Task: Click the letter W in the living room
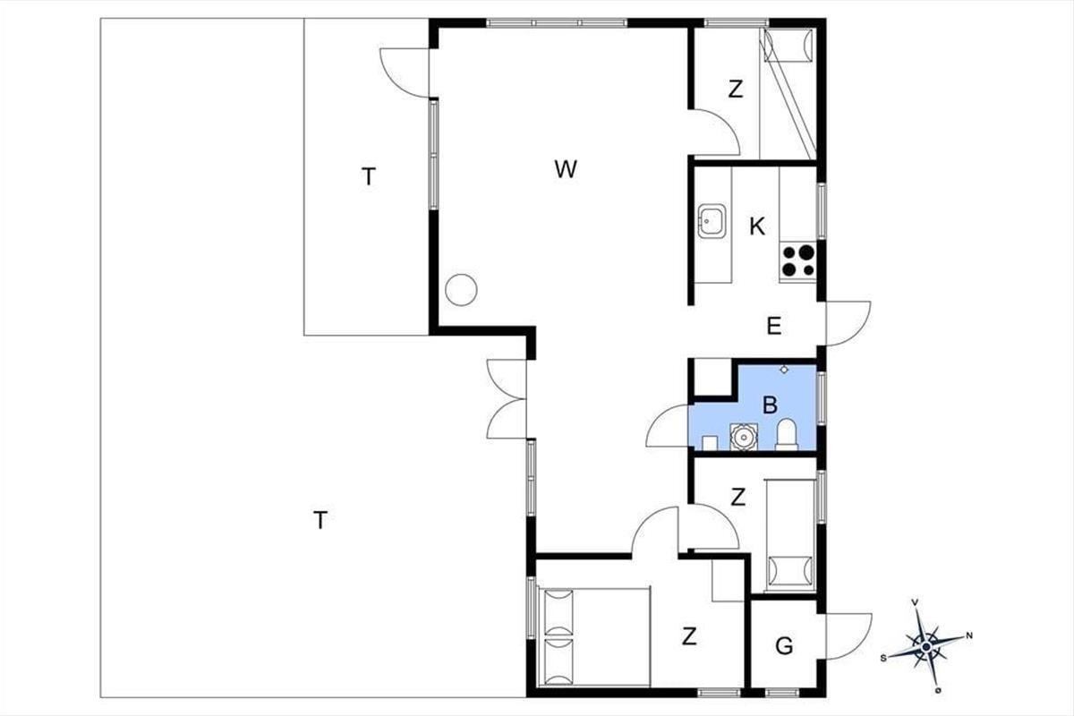pyautogui.click(x=566, y=169)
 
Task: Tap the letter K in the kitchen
pyautogui.click(x=757, y=226)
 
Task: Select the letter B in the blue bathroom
pyautogui.click(x=770, y=405)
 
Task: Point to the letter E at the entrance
pyautogui.click(x=774, y=326)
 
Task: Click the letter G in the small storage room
pyautogui.click(x=784, y=646)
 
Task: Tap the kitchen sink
pyautogui.click(x=712, y=221)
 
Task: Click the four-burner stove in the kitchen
pyautogui.click(x=797, y=260)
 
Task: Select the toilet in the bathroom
pyautogui.click(x=787, y=434)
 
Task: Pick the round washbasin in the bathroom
pyautogui.click(x=744, y=437)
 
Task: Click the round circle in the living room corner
pyautogui.click(x=461, y=290)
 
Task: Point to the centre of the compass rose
pyautogui.click(x=926, y=647)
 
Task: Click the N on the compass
pyautogui.click(x=969, y=636)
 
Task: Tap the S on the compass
pyautogui.click(x=883, y=659)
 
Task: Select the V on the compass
pyautogui.click(x=915, y=602)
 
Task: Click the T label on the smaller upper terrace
pyautogui.click(x=368, y=177)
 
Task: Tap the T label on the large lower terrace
pyautogui.click(x=320, y=520)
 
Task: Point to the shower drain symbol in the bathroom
pyautogui.click(x=784, y=370)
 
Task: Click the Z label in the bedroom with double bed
pyautogui.click(x=689, y=636)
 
